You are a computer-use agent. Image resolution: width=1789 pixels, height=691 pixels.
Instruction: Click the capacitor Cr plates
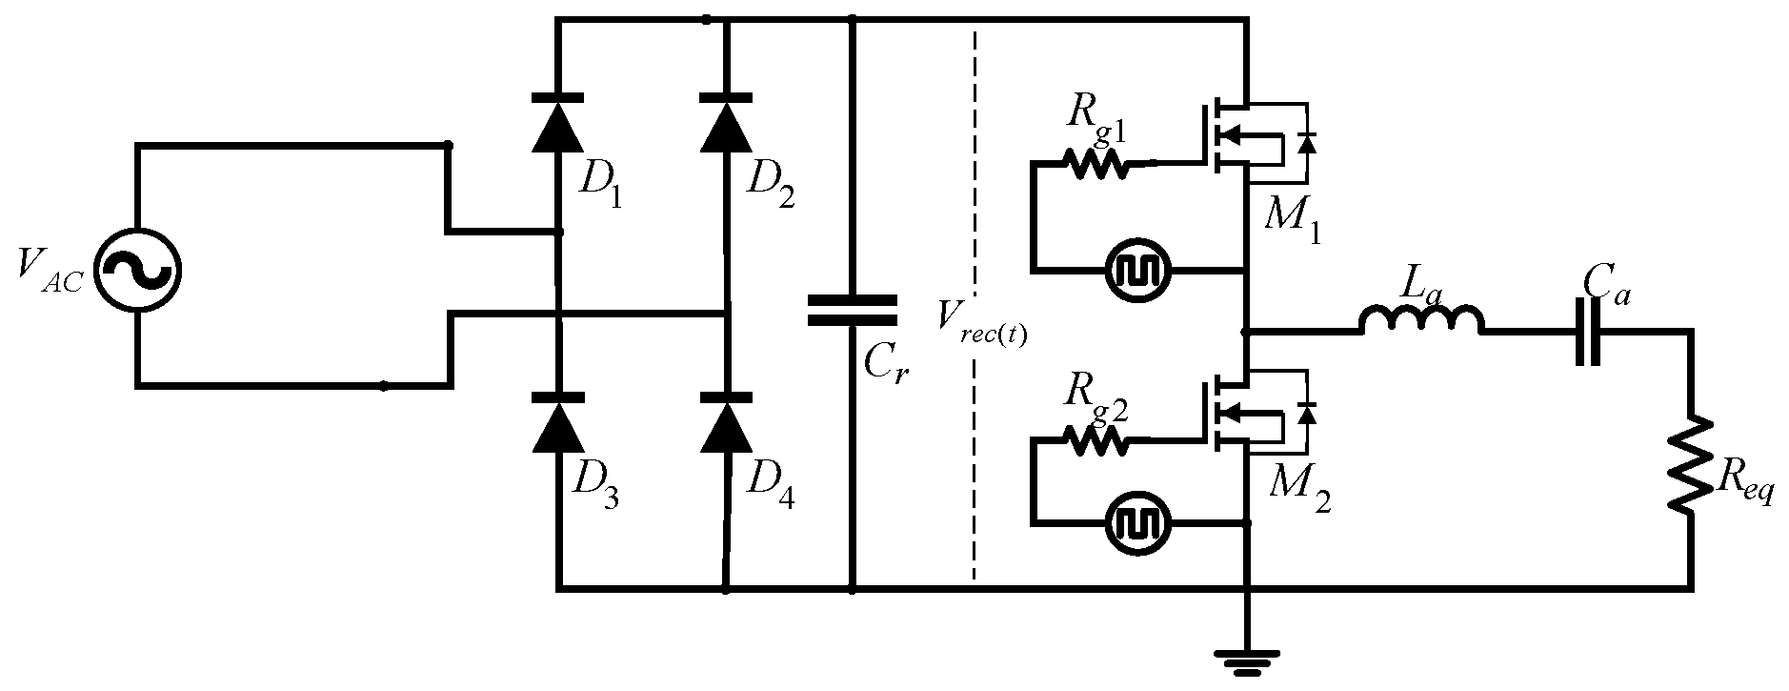point(852,310)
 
